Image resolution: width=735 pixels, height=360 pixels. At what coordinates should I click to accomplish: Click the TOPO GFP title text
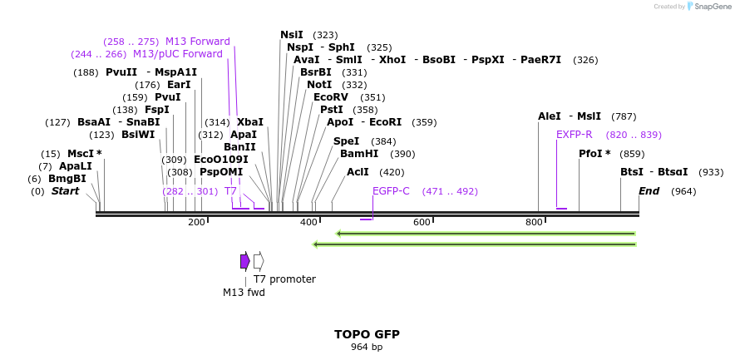coord(367,334)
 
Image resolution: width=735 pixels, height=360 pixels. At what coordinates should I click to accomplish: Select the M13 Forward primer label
coord(197,42)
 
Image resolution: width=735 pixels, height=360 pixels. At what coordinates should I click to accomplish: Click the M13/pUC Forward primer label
coord(178,54)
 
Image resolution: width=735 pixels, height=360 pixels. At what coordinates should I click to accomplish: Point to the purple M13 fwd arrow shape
coord(244,261)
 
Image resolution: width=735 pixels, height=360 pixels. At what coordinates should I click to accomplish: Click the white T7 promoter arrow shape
coord(259,261)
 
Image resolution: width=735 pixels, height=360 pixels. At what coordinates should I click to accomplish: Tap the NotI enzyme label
coord(319,85)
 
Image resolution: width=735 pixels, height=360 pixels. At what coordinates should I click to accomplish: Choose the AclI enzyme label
coord(358,172)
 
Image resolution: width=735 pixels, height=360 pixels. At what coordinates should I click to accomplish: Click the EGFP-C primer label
coord(391,191)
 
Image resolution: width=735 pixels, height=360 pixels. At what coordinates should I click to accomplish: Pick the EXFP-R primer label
coord(574,135)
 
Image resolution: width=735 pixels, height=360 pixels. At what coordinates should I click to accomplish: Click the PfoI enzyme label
coord(594,154)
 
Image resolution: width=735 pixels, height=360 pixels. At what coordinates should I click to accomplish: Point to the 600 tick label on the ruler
coord(422,222)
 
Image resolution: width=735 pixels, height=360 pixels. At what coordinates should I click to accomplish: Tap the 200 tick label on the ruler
coord(196,222)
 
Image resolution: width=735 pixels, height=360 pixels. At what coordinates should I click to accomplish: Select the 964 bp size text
coord(367,347)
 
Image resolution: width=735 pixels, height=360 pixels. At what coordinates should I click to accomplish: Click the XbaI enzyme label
coord(249,122)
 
